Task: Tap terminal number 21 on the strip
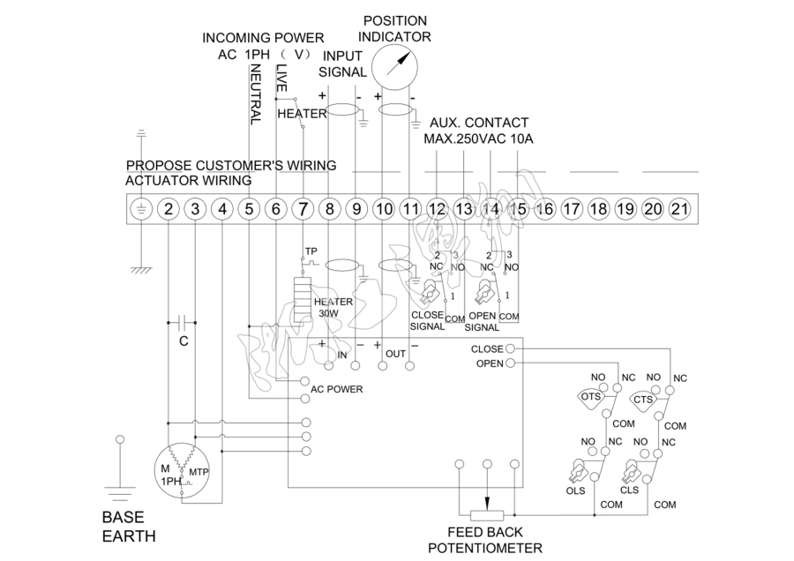click(679, 209)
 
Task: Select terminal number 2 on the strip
click(169, 209)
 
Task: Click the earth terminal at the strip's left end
click(141, 209)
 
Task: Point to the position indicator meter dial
click(394, 66)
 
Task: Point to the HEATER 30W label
click(333, 306)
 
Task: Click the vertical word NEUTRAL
click(254, 97)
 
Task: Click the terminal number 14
click(491, 209)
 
